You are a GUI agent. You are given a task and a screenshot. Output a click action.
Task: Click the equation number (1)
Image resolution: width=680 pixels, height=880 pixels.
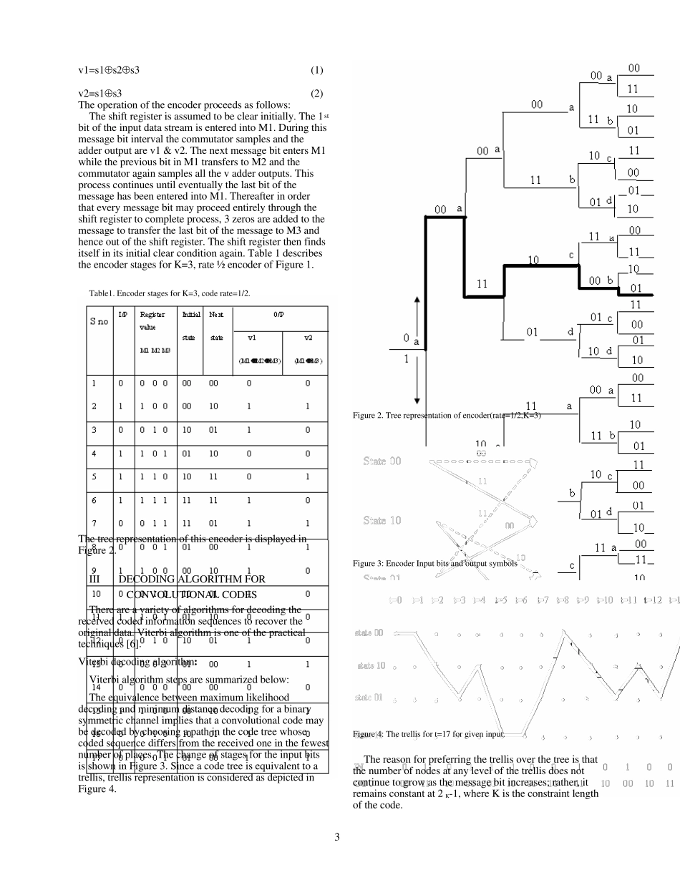pyautogui.click(x=316, y=70)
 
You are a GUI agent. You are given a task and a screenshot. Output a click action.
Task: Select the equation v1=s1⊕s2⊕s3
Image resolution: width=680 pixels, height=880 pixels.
pyautogui.click(x=109, y=70)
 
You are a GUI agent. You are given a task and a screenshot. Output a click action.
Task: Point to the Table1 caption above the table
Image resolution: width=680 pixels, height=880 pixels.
pyautogui.click(x=170, y=293)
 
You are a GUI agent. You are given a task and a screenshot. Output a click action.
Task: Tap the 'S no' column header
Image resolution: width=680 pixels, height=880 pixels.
pyautogui.click(x=99, y=321)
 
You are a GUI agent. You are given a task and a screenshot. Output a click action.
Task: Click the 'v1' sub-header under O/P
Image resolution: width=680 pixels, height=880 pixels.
pyautogui.click(x=252, y=338)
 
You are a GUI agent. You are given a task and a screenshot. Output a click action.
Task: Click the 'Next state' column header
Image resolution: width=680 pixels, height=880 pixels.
pyautogui.click(x=216, y=326)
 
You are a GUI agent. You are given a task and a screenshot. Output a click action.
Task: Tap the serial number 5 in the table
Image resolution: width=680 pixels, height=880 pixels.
pyautogui.click(x=94, y=476)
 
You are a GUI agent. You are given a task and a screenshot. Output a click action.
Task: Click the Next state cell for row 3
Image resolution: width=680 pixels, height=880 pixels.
pyautogui.click(x=213, y=430)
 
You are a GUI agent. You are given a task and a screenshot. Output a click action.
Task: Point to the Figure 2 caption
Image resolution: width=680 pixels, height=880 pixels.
pyautogui.click(x=447, y=416)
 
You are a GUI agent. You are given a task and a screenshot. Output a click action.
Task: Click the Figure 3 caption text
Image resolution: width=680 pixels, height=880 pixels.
pyautogui.click(x=434, y=564)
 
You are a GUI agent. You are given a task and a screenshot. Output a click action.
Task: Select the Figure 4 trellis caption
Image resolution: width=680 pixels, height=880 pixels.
pyautogui.click(x=429, y=735)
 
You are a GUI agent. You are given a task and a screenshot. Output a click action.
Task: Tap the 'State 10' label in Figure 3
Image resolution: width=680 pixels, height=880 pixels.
pyautogui.click(x=382, y=521)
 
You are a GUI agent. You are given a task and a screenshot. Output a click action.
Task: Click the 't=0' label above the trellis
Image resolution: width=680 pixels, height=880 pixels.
pyautogui.click(x=395, y=600)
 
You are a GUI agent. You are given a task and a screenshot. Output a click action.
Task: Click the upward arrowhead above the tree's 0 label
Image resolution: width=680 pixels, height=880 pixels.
pyautogui.click(x=417, y=298)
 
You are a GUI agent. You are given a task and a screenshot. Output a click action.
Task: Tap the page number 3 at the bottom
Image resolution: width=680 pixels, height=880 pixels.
pyautogui.click(x=337, y=836)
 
